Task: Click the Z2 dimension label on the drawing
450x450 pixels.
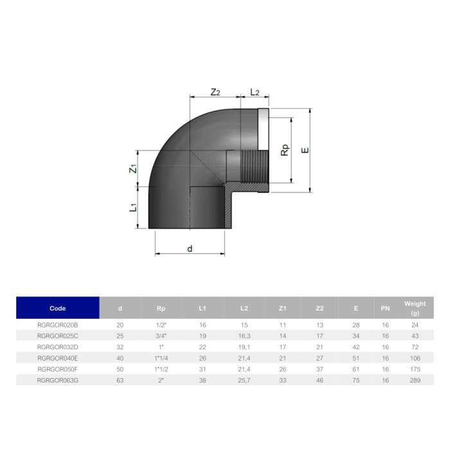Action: click(215, 92)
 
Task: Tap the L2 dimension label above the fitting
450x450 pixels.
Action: click(254, 92)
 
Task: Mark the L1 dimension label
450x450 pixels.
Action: click(132, 208)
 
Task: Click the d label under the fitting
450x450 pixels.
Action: click(190, 248)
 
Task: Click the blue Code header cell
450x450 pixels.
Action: click(58, 308)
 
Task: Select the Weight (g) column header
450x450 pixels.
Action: click(414, 308)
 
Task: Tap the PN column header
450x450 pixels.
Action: click(385, 308)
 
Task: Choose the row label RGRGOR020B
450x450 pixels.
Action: click(58, 325)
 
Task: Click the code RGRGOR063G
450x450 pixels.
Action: click(58, 381)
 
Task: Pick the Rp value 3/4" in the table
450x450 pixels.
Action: click(161, 336)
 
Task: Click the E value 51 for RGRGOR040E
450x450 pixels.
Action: click(355, 358)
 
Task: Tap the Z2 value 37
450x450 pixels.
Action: click(319, 370)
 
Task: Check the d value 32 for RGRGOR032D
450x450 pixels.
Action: click(120, 347)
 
